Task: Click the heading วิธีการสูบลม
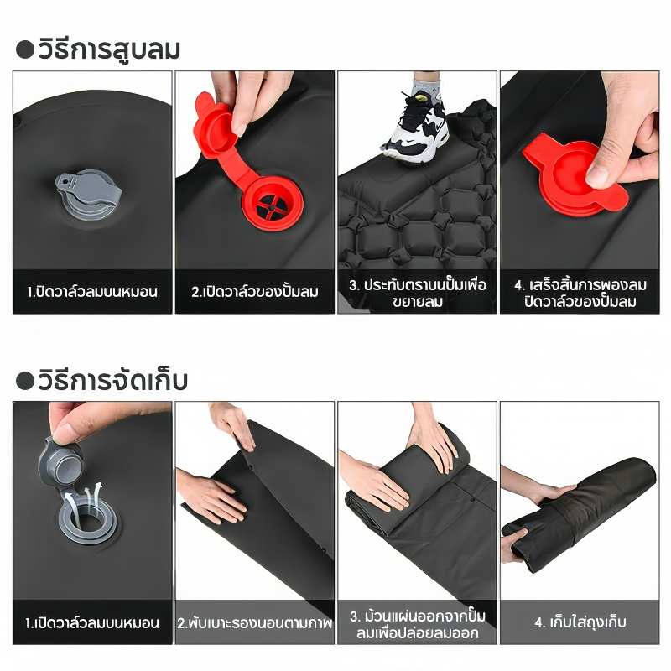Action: click(x=109, y=49)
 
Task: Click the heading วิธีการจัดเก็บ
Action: click(x=113, y=381)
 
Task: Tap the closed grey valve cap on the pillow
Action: click(x=89, y=194)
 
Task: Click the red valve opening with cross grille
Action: click(x=272, y=203)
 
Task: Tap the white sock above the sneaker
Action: click(x=426, y=88)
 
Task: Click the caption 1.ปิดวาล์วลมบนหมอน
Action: click(x=92, y=292)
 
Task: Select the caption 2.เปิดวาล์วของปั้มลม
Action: click(x=255, y=292)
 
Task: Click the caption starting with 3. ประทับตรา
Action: click(x=417, y=293)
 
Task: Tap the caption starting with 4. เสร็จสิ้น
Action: click(x=580, y=293)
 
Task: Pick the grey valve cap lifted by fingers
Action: click(x=60, y=463)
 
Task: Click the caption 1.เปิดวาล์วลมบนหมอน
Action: click(x=92, y=622)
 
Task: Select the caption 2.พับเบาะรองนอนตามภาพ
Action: click(x=255, y=622)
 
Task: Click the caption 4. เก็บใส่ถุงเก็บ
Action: click(x=580, y=622)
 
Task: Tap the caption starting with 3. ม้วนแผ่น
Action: click(x=417, y=624)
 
